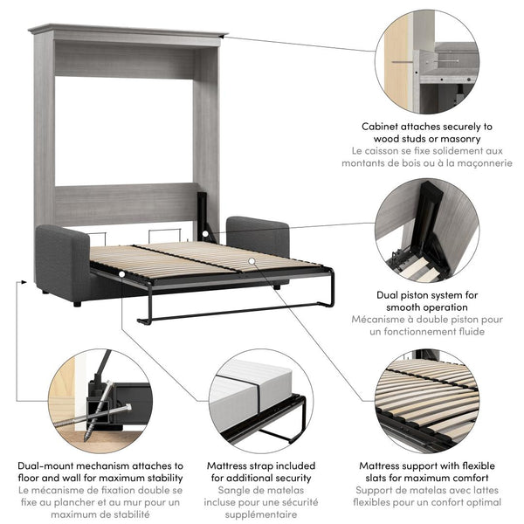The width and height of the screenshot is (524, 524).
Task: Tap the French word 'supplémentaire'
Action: [259, 515]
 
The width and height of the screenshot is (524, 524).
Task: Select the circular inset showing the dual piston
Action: [427, 231]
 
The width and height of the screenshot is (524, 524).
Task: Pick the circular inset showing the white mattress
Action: [260, 401]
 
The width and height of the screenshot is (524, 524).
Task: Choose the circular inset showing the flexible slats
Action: [427, 401]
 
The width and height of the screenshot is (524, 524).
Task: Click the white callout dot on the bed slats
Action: [250, 260]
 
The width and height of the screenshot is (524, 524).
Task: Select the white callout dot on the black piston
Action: [206, 234]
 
